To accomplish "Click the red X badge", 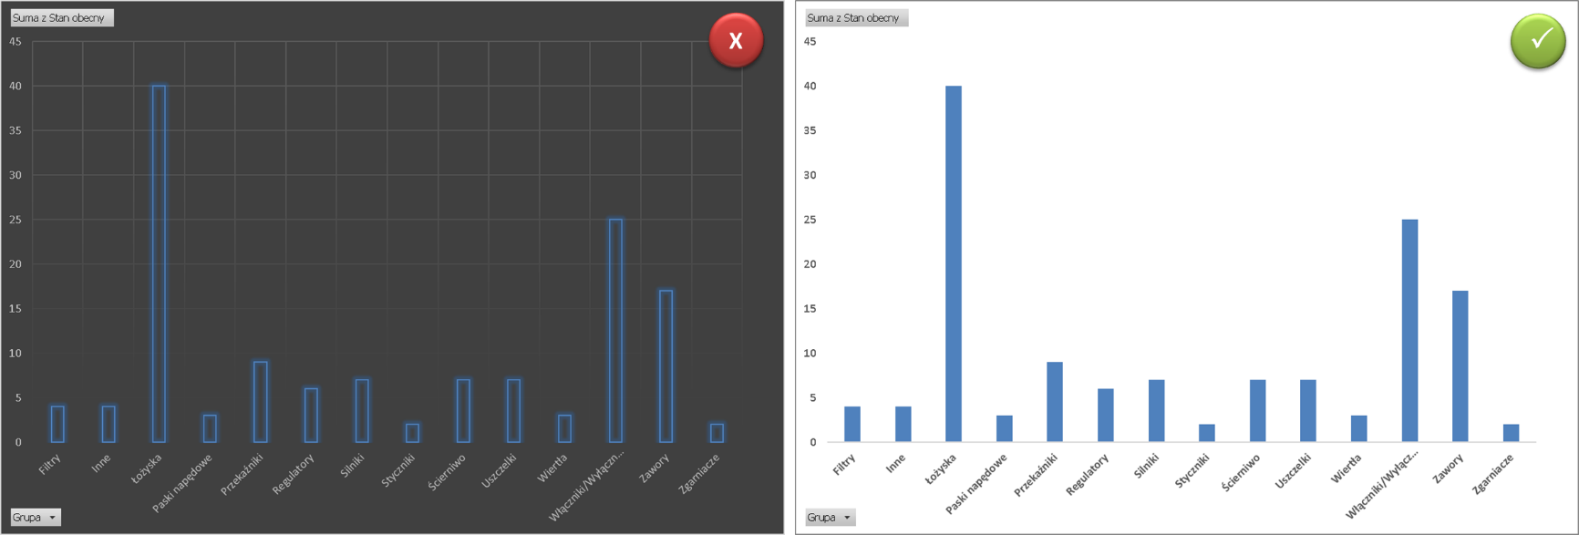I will point(736,40).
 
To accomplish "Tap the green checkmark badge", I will point(1538,41).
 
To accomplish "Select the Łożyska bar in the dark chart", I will point(159,263).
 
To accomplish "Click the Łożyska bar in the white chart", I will point(954,263).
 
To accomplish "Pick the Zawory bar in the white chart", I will point(1460,365).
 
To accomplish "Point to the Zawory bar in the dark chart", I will point(666,365).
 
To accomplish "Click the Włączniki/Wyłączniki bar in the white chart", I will point(1409,330).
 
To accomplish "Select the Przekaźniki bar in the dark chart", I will point(261,401).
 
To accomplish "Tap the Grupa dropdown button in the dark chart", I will point(36,518).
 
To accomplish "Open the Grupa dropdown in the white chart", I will point(830,518).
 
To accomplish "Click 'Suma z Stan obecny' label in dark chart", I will point(61,18).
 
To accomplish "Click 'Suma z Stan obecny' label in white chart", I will point(855,18).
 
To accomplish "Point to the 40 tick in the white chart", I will point(810,87).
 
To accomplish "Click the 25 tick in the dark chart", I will point(15,220).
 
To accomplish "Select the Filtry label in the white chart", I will point(844,465).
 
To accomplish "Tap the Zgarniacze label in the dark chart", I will point(700,473).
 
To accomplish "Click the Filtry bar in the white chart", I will point(852,424).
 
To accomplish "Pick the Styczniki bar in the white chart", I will point(1207,433).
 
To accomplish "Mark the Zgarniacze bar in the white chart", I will point(1511,433).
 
